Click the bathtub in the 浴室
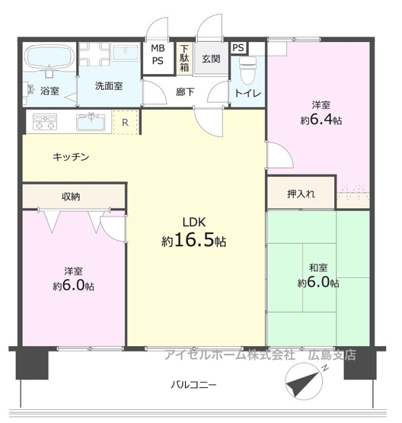coord(49,57)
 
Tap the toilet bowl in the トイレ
coord(247,70)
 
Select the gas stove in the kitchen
coord(45,122)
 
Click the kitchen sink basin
coord(91,123)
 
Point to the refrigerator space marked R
coord(126,122)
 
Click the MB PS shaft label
coord(158,54)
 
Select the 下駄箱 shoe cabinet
coord(184,58)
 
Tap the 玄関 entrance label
coord(211,59)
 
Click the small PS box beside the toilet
coord(238,48)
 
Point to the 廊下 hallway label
coord(185,92)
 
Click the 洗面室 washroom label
coord(109,86)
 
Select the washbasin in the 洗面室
coord(126,52)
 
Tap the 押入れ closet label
coord(301,194)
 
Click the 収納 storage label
coord(71,197)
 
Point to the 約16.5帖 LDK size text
coord(194,240)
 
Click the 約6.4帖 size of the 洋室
coord(321,120)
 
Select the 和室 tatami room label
coord(318,268)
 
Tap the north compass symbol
coord(305,381)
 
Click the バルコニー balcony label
coord(193,384)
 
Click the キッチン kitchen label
coord(71,156)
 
